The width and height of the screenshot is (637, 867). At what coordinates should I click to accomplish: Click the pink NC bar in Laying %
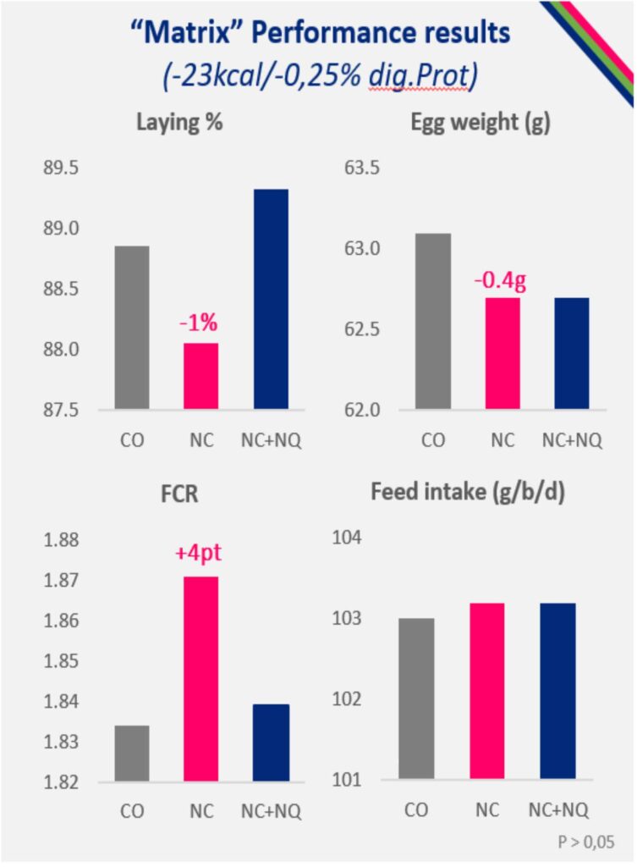(x=200, y=376)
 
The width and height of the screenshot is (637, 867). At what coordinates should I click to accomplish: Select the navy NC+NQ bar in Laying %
(x=271, y=300)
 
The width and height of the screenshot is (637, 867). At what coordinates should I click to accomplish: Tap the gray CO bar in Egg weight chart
(x=433, y=322)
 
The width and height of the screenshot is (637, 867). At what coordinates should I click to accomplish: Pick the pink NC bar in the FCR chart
(x=201, y=678)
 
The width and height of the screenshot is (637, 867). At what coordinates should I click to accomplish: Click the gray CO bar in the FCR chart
(x=132, y=753)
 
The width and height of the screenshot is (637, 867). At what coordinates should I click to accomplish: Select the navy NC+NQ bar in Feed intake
(x=572, y=691)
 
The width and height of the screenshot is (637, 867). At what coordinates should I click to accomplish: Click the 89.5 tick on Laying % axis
(x=61, y=168)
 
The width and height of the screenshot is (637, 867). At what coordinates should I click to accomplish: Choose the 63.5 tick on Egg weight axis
(x=362, y=168)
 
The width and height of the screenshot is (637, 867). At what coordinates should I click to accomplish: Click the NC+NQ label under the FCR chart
(x=271, y=810)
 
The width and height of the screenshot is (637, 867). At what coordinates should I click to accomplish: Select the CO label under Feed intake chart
(x=415, y=809)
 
